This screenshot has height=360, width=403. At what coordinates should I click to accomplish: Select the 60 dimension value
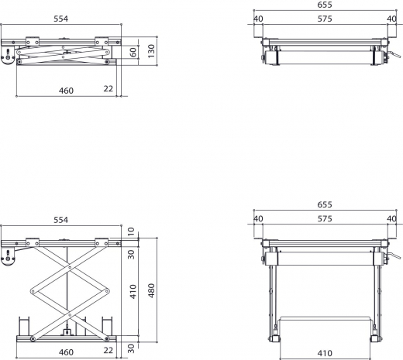point(133,51)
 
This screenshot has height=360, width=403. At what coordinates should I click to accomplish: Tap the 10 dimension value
point(133,230)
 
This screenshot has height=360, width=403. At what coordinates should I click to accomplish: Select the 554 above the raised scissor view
point(60,220)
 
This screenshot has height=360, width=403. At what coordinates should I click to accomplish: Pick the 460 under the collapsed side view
point(66,91)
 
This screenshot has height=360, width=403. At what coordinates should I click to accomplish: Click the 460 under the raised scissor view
point(66,351)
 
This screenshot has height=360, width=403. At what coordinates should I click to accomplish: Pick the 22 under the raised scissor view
point(108,351)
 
